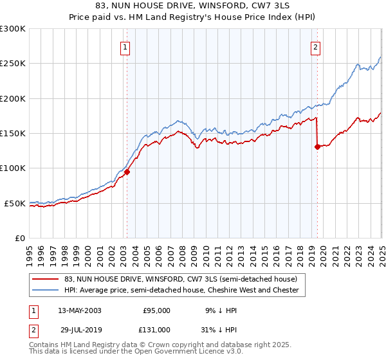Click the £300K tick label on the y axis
[x=13, y=29]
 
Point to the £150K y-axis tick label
[x=13, y=134]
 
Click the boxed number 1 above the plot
[x=124, y=46]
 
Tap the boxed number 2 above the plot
[x=316, y=46]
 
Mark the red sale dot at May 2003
[x=127, y=172]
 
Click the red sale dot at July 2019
[x=317, y=147]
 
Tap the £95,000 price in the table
[x=156, y=310]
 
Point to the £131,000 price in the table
[x=156, y=329]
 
